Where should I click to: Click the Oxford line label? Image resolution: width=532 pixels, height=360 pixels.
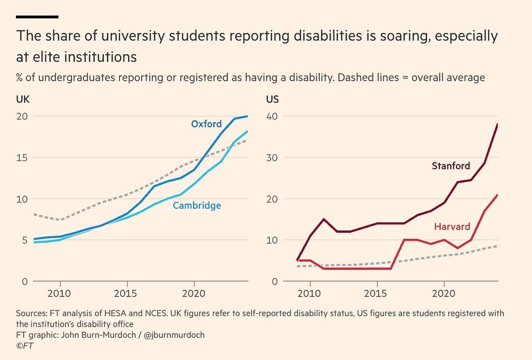click(206, 124)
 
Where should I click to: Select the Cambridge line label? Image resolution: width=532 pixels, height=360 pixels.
click(197, 206)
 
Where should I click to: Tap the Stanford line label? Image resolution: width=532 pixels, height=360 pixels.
click(451, 166)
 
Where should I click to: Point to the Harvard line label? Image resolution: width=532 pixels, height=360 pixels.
click(452, 226)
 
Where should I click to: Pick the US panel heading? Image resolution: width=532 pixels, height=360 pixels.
click(272, 100)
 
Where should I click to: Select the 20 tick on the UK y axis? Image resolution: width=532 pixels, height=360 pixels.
click(22, 116)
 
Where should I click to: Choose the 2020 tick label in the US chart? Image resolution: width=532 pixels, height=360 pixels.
click(443, 294)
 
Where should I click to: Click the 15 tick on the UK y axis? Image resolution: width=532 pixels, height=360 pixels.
click(22, 158)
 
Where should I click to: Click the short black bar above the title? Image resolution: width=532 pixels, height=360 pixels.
click(37, 17)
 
